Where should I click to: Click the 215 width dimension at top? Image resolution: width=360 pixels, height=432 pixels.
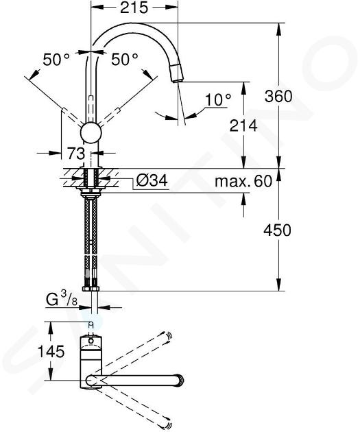pyautogui.click(x=134, y=8)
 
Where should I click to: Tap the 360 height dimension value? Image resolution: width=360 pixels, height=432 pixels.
pyautogui.click(x=278, y=96)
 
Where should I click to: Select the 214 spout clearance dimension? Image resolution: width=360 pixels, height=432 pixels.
pyautogui.click(x=243, y=125)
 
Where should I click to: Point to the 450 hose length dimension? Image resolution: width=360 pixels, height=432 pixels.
pyautogui.click(x=277, y=230)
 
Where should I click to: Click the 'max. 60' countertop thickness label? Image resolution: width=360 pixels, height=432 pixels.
pyautogui.click(x=243, y=181)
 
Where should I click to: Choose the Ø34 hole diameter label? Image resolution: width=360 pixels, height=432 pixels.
pyautogui.click(x=152, y=181)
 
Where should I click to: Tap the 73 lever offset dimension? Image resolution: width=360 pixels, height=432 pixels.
pyautogui.click(x=76, y=153)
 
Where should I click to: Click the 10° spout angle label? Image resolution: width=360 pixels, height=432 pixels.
pyautogui.click(x=218, y=99)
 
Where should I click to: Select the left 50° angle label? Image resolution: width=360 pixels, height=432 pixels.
pyautogui.click(x=56, y=59)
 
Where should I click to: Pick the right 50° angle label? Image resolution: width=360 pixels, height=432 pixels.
pyautogui.click(x=125, y=59)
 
